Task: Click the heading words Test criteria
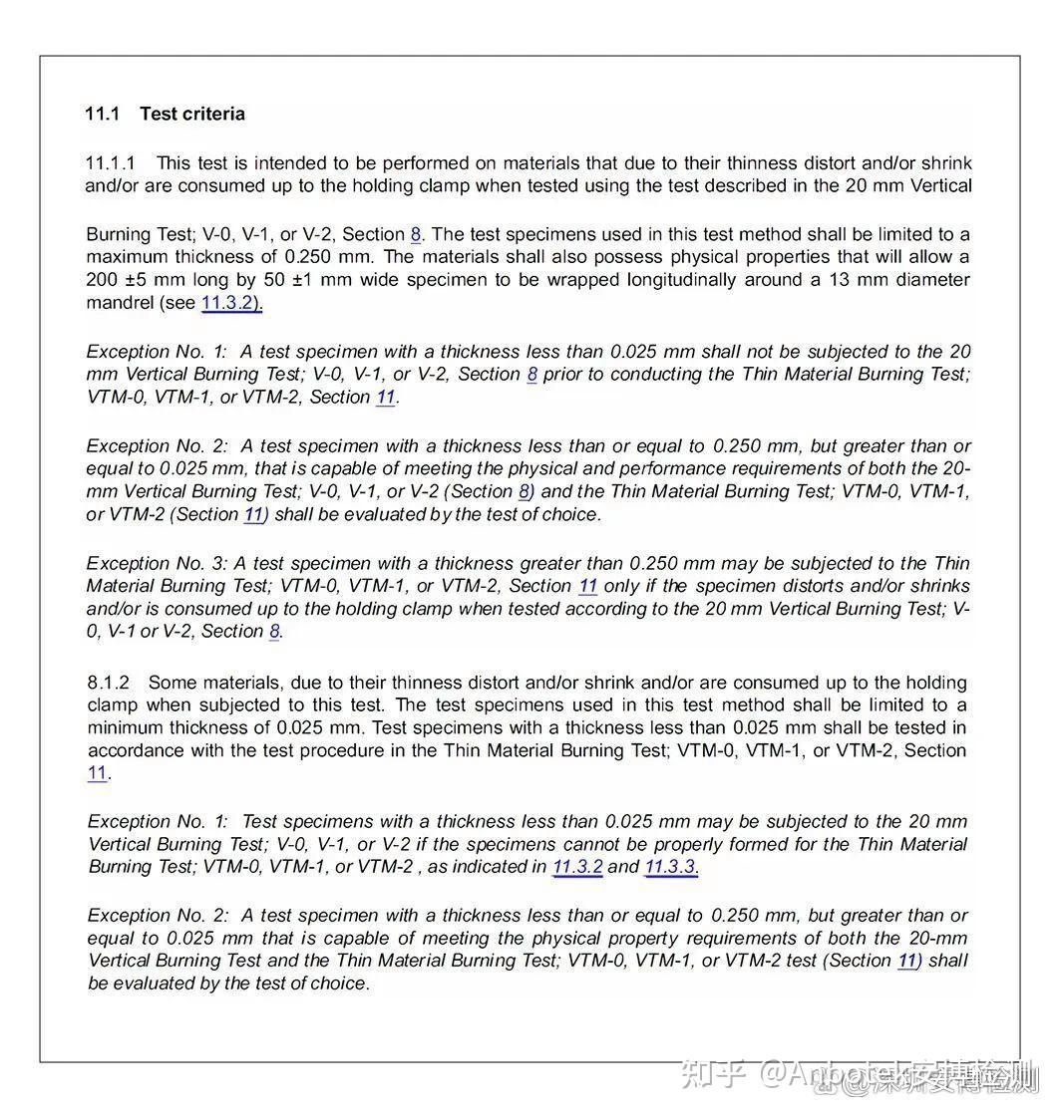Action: (x=191, y=114)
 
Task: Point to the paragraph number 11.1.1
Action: (x=111, y=162)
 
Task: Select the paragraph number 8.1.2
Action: (x=109, y=683)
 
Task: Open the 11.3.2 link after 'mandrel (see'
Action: (x=231, y=303)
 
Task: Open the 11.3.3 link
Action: (x=670, y=867)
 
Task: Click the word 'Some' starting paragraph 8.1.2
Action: (x=171, y=683)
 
